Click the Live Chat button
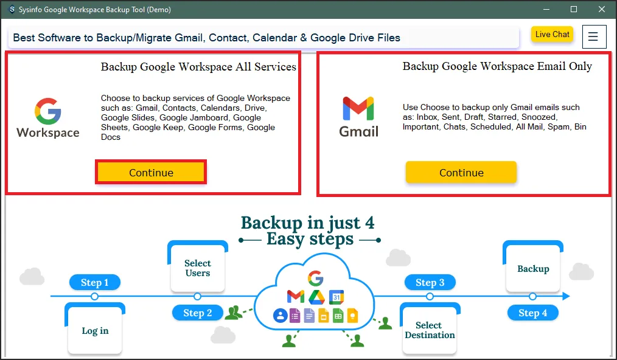[x=552, y=35]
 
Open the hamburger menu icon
[x=593, y=37]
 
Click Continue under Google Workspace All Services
[x=151, y=173]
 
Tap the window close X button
[x=601, y=10]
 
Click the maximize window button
[x=573, y=10]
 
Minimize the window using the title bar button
[x=545, y=10]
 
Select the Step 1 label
[x=94, y=282]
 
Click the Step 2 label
[x=197, y=313]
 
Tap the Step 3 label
[x=430, y=282]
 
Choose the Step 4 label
[x=532, y=313]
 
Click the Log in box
[x=95, y=331]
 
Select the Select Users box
[x=197, y=268]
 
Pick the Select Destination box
[x=430, y=330]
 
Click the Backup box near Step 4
[x=533, y=269]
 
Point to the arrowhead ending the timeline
[x=566, y=296]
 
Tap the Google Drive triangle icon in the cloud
[x=316, y=297]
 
